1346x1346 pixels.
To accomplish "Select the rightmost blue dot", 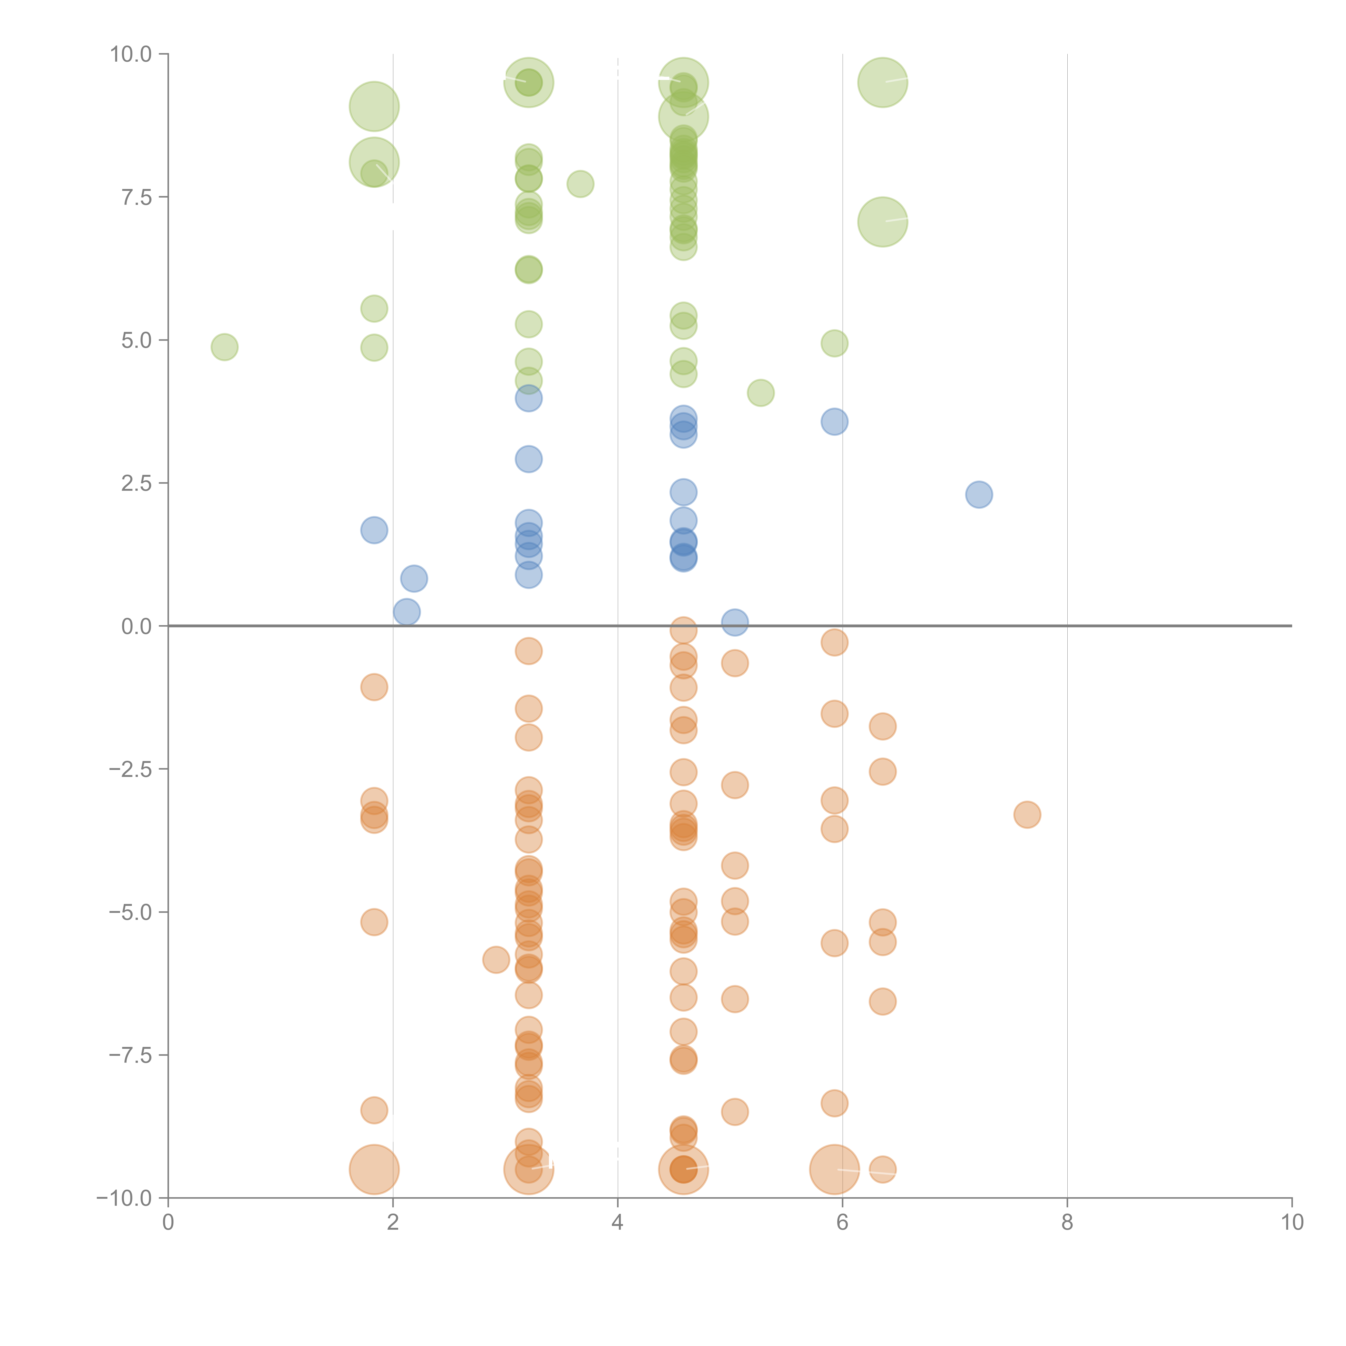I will [979, 495].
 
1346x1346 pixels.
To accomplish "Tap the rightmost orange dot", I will [1027, 814].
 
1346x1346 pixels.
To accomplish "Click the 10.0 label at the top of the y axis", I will [130, 54].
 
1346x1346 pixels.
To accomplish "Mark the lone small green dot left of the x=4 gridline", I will [580, 184].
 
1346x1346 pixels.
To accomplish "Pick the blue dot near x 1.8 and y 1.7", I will [374, 530].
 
